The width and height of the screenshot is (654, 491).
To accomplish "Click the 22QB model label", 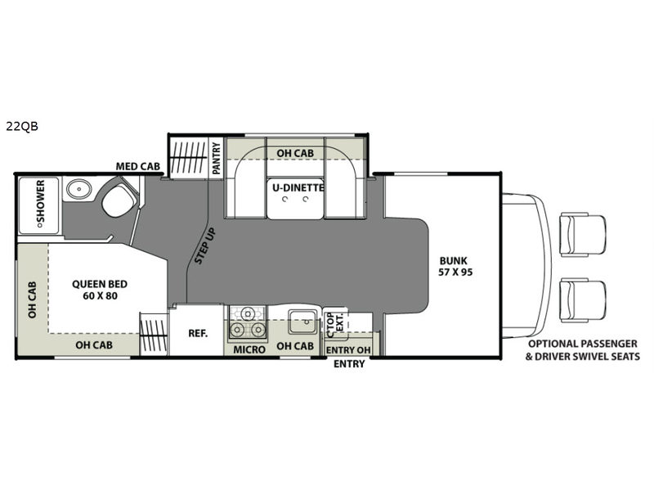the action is [22, 126].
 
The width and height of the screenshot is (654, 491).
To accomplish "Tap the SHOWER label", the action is [40, 201].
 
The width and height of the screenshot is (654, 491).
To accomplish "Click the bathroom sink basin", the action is [78, 189].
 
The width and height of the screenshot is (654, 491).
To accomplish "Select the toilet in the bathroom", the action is [119, 200].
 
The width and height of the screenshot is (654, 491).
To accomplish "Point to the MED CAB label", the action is [137, 166].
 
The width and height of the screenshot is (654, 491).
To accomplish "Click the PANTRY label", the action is [216, 158].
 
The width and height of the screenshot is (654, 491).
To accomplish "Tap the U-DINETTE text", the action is [298, 187].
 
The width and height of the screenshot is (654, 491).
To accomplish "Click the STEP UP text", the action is [205, 246].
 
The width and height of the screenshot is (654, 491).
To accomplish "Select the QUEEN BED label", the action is [100, 284].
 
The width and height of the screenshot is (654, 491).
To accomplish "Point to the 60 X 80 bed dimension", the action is [100, 296].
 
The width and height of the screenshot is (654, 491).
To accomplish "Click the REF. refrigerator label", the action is [198, 333].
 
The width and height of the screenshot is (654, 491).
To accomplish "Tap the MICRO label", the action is [249, 349].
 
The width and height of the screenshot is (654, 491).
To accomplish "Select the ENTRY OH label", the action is [348, 350].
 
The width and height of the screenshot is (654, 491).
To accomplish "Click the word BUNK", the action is [454, 260].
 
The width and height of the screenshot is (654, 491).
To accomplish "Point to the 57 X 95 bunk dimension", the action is [455, 273].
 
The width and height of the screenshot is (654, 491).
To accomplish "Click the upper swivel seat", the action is [582, 234].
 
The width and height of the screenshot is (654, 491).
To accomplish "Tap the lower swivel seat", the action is [582, 301].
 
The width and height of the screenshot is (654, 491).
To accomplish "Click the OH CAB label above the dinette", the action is [295, 153].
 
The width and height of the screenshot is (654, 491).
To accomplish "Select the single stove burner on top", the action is [249, 313].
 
